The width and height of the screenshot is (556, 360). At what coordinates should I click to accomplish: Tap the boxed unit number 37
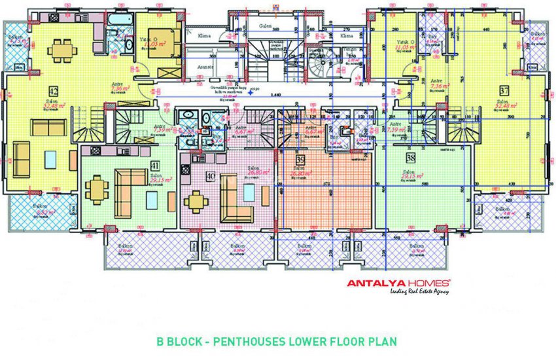pos(504,90)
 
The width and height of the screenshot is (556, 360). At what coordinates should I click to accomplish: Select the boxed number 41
pos(154,164)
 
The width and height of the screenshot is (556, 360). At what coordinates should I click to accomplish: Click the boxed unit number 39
pos(300,160)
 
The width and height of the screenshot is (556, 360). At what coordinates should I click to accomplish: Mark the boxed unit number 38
pos(410,158)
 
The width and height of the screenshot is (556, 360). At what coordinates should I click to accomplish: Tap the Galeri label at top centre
pos(265,26)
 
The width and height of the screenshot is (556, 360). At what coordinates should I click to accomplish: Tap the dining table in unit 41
pos(97,190)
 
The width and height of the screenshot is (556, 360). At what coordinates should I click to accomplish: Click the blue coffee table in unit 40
pos(249,192)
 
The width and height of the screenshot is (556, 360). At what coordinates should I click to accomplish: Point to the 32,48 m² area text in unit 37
pos(504,107)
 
